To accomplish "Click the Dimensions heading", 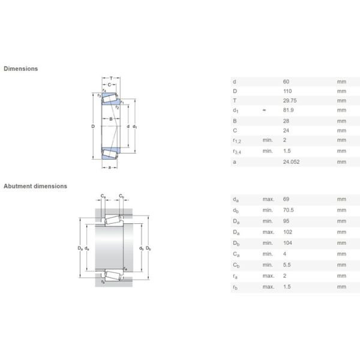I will pyautogui.click(x=21, y=68).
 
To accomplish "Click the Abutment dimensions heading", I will pyautogui.click(x=35, y=186).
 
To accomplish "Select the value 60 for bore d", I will pyautogui.click(x=285, y=81).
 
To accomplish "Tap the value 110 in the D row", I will pyautogui.click(x=286, y=91).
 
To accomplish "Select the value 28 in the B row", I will pyautogui.click(x=285, y=121).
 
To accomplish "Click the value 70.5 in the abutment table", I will pyautogui.click(x=287, y=210).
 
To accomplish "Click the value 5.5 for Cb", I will pyautogui.click(x=286, y=265).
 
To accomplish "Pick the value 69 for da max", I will pyautogui.click(x=285, y=199).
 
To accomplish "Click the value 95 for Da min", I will pyautogui.click(x=285, y=221).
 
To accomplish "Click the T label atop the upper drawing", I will pyautogui.click(x=112, y=78).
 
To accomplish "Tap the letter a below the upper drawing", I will pyautogui.click(x=110, y=167).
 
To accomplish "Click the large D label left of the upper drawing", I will pyautogui.click(x=92, y=126).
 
